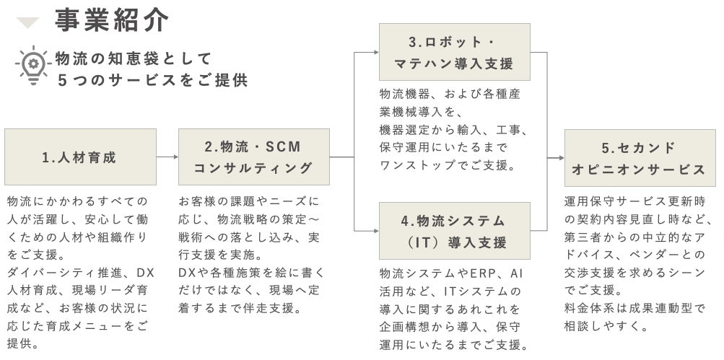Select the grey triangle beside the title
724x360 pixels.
(x=28, y=23)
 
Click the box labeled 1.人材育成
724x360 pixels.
(x=80, y=157)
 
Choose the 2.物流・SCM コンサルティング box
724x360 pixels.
(x=253, y=157)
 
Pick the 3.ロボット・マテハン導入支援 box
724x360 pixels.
(x=454, y=52)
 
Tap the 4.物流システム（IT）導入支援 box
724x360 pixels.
(x=454, y=231)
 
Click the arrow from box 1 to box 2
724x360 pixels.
(x=167, y=157)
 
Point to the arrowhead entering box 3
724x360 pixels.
(x=375, y=52)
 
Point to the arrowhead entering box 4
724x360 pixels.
(x=375, y=231)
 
